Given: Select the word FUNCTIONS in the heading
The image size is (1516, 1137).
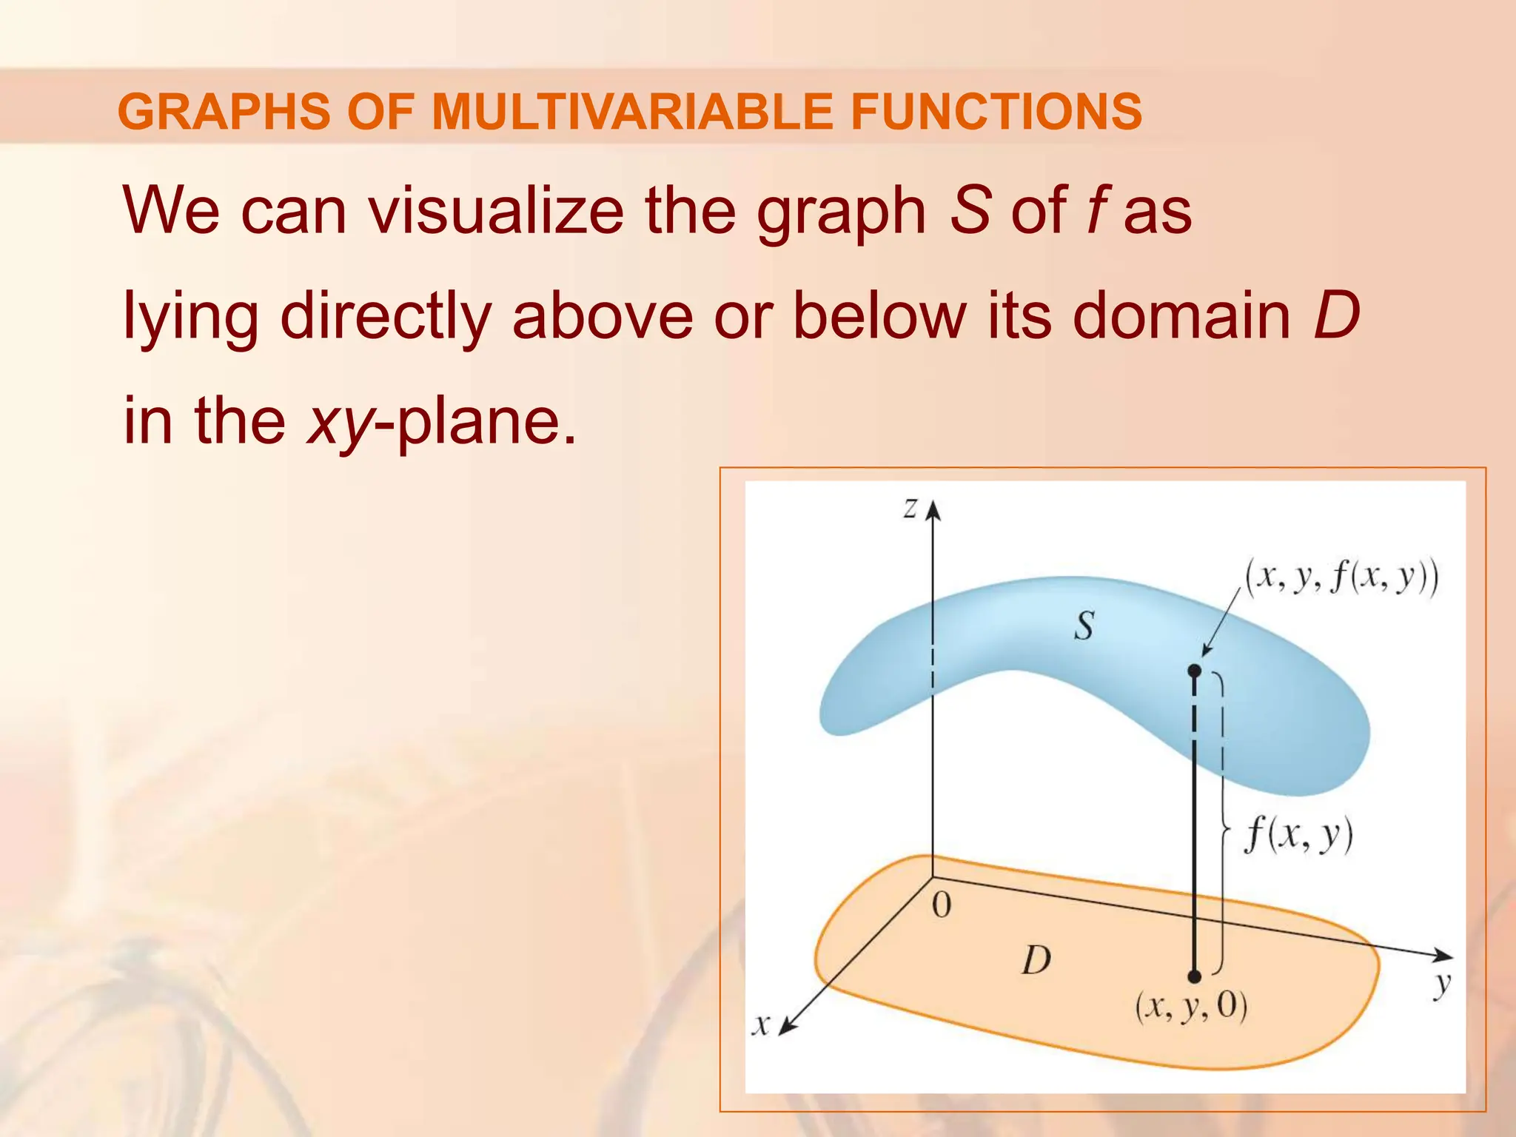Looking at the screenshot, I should [x=996, y=112].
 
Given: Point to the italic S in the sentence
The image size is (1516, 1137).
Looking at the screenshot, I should [x=970, y=211].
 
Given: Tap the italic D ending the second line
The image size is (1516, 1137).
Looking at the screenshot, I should [x=1336, y=316].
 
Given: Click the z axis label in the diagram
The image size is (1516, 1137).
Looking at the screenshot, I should [x=910, y=508].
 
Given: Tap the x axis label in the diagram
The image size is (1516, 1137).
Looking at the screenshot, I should [x=761, y=1024].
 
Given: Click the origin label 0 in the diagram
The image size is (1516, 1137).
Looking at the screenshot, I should [x=941, y=905].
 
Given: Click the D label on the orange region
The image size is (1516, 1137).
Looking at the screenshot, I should [x=1036, y=961].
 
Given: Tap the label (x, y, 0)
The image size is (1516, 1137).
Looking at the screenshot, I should [x=1191, y=1007].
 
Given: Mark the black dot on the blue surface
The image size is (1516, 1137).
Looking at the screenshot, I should [x=1194, y=671].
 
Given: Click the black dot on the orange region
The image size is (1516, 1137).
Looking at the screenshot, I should [x=1194, y=976].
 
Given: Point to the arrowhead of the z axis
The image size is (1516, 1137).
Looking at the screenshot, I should [x=933, y=509].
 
